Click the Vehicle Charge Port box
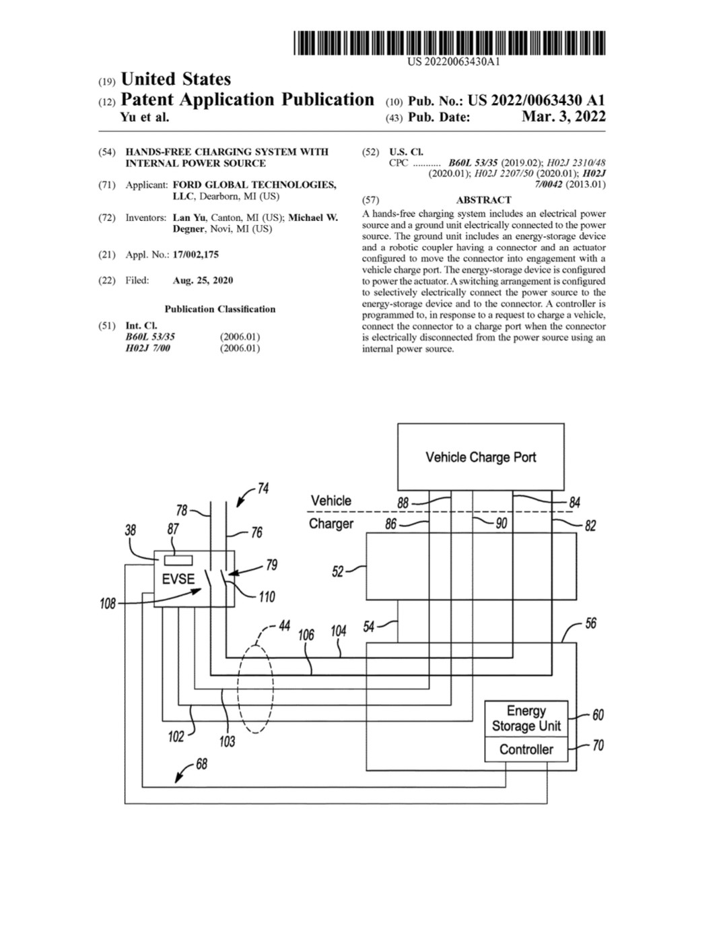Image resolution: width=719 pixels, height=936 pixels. [481, 457]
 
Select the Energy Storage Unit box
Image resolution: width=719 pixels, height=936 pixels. [526, 718]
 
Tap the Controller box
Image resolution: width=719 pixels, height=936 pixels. [526, 749]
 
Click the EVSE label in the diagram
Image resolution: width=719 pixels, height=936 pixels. [178, 579]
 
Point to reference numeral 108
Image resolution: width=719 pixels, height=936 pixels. [108, 603]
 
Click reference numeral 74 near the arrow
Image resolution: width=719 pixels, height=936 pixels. [263, 488]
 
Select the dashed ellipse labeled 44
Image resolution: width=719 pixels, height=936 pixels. [255, 689]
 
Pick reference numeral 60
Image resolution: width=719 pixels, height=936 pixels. [598, 714]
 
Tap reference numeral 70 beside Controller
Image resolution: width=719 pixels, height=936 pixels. [598, 745]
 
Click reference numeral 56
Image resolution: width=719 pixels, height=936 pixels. [590, 623]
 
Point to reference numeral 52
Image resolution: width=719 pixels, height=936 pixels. [338, 571]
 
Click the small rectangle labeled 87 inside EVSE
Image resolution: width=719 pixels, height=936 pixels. [178, 560]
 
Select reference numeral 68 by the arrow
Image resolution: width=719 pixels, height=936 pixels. [201, 764]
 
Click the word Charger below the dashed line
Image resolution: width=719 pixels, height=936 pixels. [331, 524]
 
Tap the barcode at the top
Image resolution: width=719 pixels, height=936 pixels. [450, 43]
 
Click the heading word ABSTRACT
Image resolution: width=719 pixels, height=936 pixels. [483, 200]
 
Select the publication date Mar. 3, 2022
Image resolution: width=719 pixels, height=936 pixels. [563, 117]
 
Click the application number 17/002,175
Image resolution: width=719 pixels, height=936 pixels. [195, 255]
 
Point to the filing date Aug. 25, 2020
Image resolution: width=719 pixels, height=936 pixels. [203, 280]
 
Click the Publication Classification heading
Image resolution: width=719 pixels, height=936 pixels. [220, 309]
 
